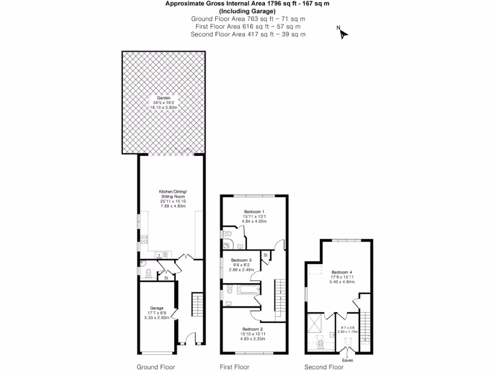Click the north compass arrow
click(343, 33)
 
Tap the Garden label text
click(163, 98)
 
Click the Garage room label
click(157, 308)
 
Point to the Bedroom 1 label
click(254, 212)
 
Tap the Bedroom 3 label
click(241, 260)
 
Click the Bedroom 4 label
click(342, 272)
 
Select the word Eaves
click(348, 360)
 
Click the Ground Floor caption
click(156, 367)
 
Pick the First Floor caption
click(234, 367)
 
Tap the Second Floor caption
click(324, 367)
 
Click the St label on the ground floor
click(166, 278)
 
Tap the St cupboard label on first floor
click(266, 255)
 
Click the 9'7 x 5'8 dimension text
click(348, 328)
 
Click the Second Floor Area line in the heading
click(248, 34)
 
